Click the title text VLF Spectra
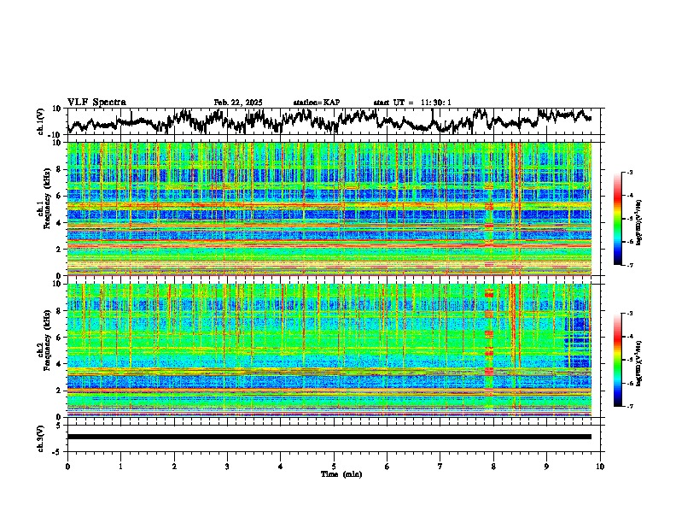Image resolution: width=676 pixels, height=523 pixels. (x=96, y=102)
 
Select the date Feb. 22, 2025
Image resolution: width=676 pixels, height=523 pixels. (x=238, y=103)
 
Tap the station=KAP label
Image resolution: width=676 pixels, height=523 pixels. (x=316, y=103)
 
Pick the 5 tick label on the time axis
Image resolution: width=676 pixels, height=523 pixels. (x=334, y=466)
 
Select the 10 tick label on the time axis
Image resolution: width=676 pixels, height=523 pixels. (x=600, y=466)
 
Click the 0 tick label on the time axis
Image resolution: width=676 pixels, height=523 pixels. (x=67, y=466)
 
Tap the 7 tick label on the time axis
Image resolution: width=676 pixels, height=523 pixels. (x=440, y=466)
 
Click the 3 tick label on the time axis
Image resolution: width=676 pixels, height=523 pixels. (x=227, y=466)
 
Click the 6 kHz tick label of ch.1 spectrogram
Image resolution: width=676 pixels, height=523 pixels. (x=58, y=197)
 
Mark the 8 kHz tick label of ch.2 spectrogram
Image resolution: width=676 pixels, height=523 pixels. (x=58, y=311)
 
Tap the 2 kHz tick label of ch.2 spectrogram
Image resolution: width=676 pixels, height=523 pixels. (x=58, y=391)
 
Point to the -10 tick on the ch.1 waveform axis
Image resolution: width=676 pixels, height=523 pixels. (x=54, y=134)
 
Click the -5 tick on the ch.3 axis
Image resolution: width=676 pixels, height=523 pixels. (x=56, y=450)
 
